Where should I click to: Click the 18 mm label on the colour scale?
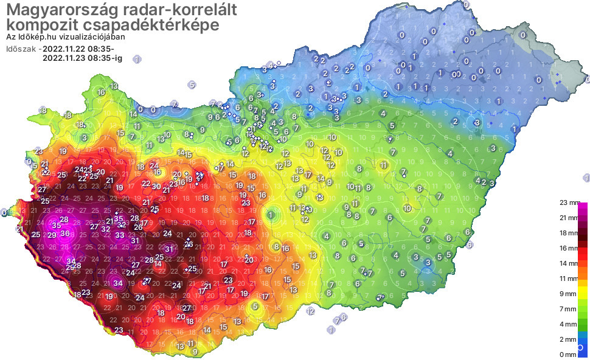click(x=569, y=232)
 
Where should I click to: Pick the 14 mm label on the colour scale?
click(x=569, y=263)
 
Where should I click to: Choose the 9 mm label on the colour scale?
click(x=569, y=294)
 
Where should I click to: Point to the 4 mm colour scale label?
click(x=569, y=324)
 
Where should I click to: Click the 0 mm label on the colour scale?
click(x=569, y=355)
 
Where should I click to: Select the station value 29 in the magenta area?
click(x=52, y=235)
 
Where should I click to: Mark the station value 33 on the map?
click(x=120, y=235)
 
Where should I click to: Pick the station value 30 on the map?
click(x=156, y=187)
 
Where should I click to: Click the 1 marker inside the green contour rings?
click(x=271, y=215)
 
